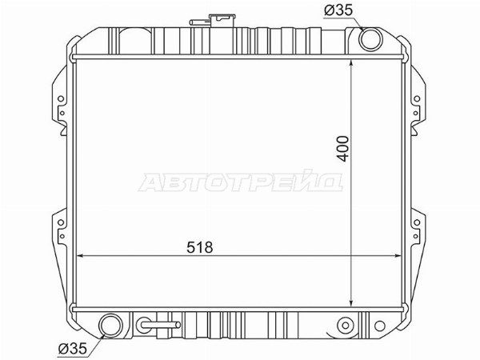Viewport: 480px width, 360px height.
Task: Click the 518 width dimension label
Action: (x=199, y=247)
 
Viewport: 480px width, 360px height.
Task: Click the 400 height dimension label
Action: (x=343, y=149)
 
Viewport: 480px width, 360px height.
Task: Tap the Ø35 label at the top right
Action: (x=338, y=10)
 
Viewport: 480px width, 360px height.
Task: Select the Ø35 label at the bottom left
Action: (x=73, y=348)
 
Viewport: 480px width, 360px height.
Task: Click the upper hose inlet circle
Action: (x=370, y=39)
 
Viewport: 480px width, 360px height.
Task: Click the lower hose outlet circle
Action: (x=111, y=325)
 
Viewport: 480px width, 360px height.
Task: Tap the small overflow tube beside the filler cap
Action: (x=199, y=22)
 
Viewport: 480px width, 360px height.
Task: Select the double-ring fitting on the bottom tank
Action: (x=346, y=326)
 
